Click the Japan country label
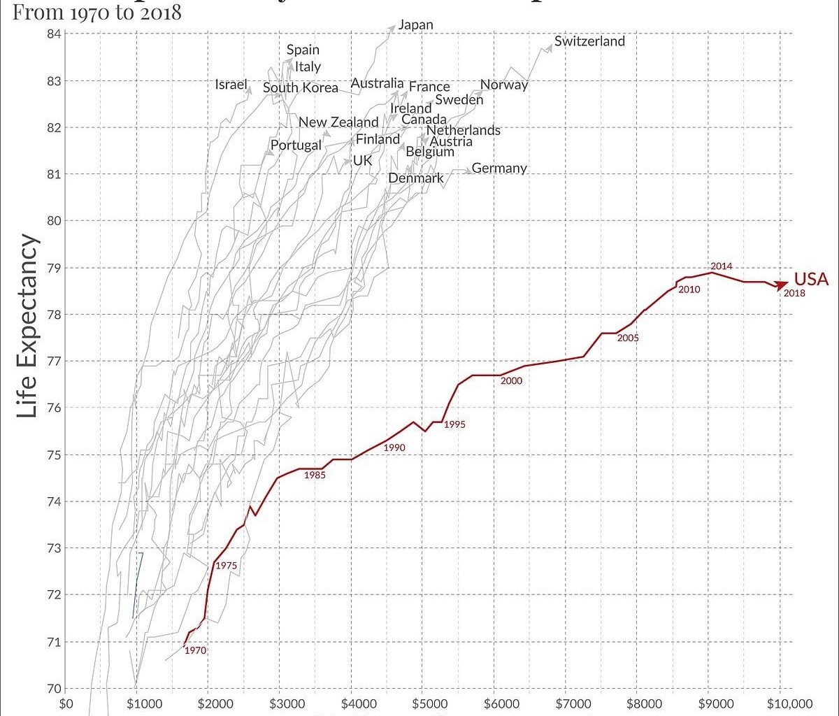tap(416, 25)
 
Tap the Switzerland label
tap(589, 41)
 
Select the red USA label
tap(811, 279)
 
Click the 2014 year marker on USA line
tap(722, 266)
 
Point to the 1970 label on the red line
tap(195, 650)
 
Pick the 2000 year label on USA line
tap(511, 380)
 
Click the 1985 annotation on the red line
tap(315, 475)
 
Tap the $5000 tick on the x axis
tap(424, 703)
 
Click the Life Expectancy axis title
tap(27, 326)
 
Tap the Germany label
tap(499, 169)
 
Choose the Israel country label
tap(231, 85)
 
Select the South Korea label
tap(301, 88)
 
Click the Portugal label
tap(296, 145)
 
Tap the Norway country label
tap(504, 85)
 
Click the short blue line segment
tap(138, 585)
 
